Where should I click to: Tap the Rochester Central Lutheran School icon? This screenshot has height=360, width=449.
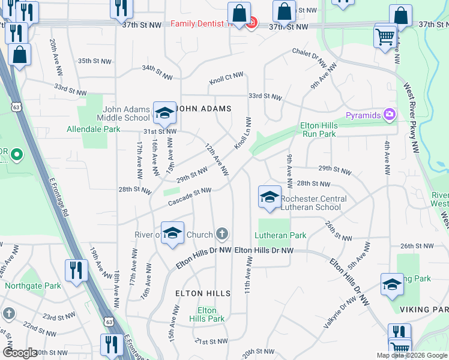pyautogui.click(x=270, y=197)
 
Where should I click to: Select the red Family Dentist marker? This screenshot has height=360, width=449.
pyautogui.click(x=252, y=24)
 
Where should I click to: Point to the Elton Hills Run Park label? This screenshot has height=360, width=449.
pyautogui.click(x=319, y=130)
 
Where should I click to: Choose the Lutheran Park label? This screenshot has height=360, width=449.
pyautogui.click(x=280, y=236)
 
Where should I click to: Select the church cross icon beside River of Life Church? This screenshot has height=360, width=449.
pyautogui.click(x=222, y=234)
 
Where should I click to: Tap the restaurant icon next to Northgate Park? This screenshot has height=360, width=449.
pyautogui.click(x=76, y=270)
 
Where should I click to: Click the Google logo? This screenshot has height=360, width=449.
pyautogui.click(x=20, y=352)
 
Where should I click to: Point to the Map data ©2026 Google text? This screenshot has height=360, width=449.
pyautogui.click(x=412, y=355)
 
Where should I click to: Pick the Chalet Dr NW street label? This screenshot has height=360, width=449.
pyautogui.click(x=309, y=58)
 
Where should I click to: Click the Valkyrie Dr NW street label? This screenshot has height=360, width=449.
pyautogui.click(x=337, y=314)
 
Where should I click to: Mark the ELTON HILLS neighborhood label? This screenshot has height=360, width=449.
pyautogui.click(x=202, y=293)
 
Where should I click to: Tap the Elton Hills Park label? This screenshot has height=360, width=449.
pyautogui.click(x=207, y=314)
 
